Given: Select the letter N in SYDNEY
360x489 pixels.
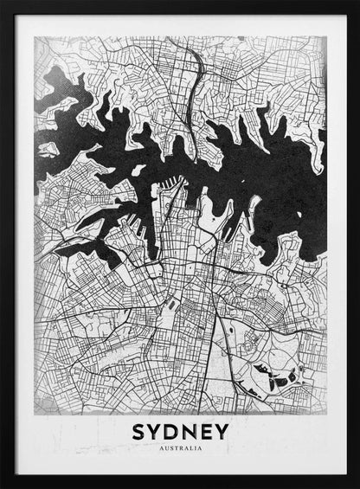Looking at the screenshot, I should point(190,431).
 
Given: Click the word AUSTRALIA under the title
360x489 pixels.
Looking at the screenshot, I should point(181,448).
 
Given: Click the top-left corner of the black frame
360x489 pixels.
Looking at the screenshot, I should point(3,3).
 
